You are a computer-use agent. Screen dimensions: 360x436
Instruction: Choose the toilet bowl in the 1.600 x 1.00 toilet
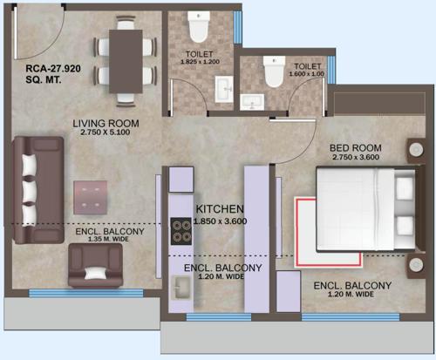point(273,76)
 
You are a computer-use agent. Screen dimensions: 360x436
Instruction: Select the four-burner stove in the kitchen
point(183,231)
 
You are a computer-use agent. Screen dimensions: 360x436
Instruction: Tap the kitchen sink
point(182,287)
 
